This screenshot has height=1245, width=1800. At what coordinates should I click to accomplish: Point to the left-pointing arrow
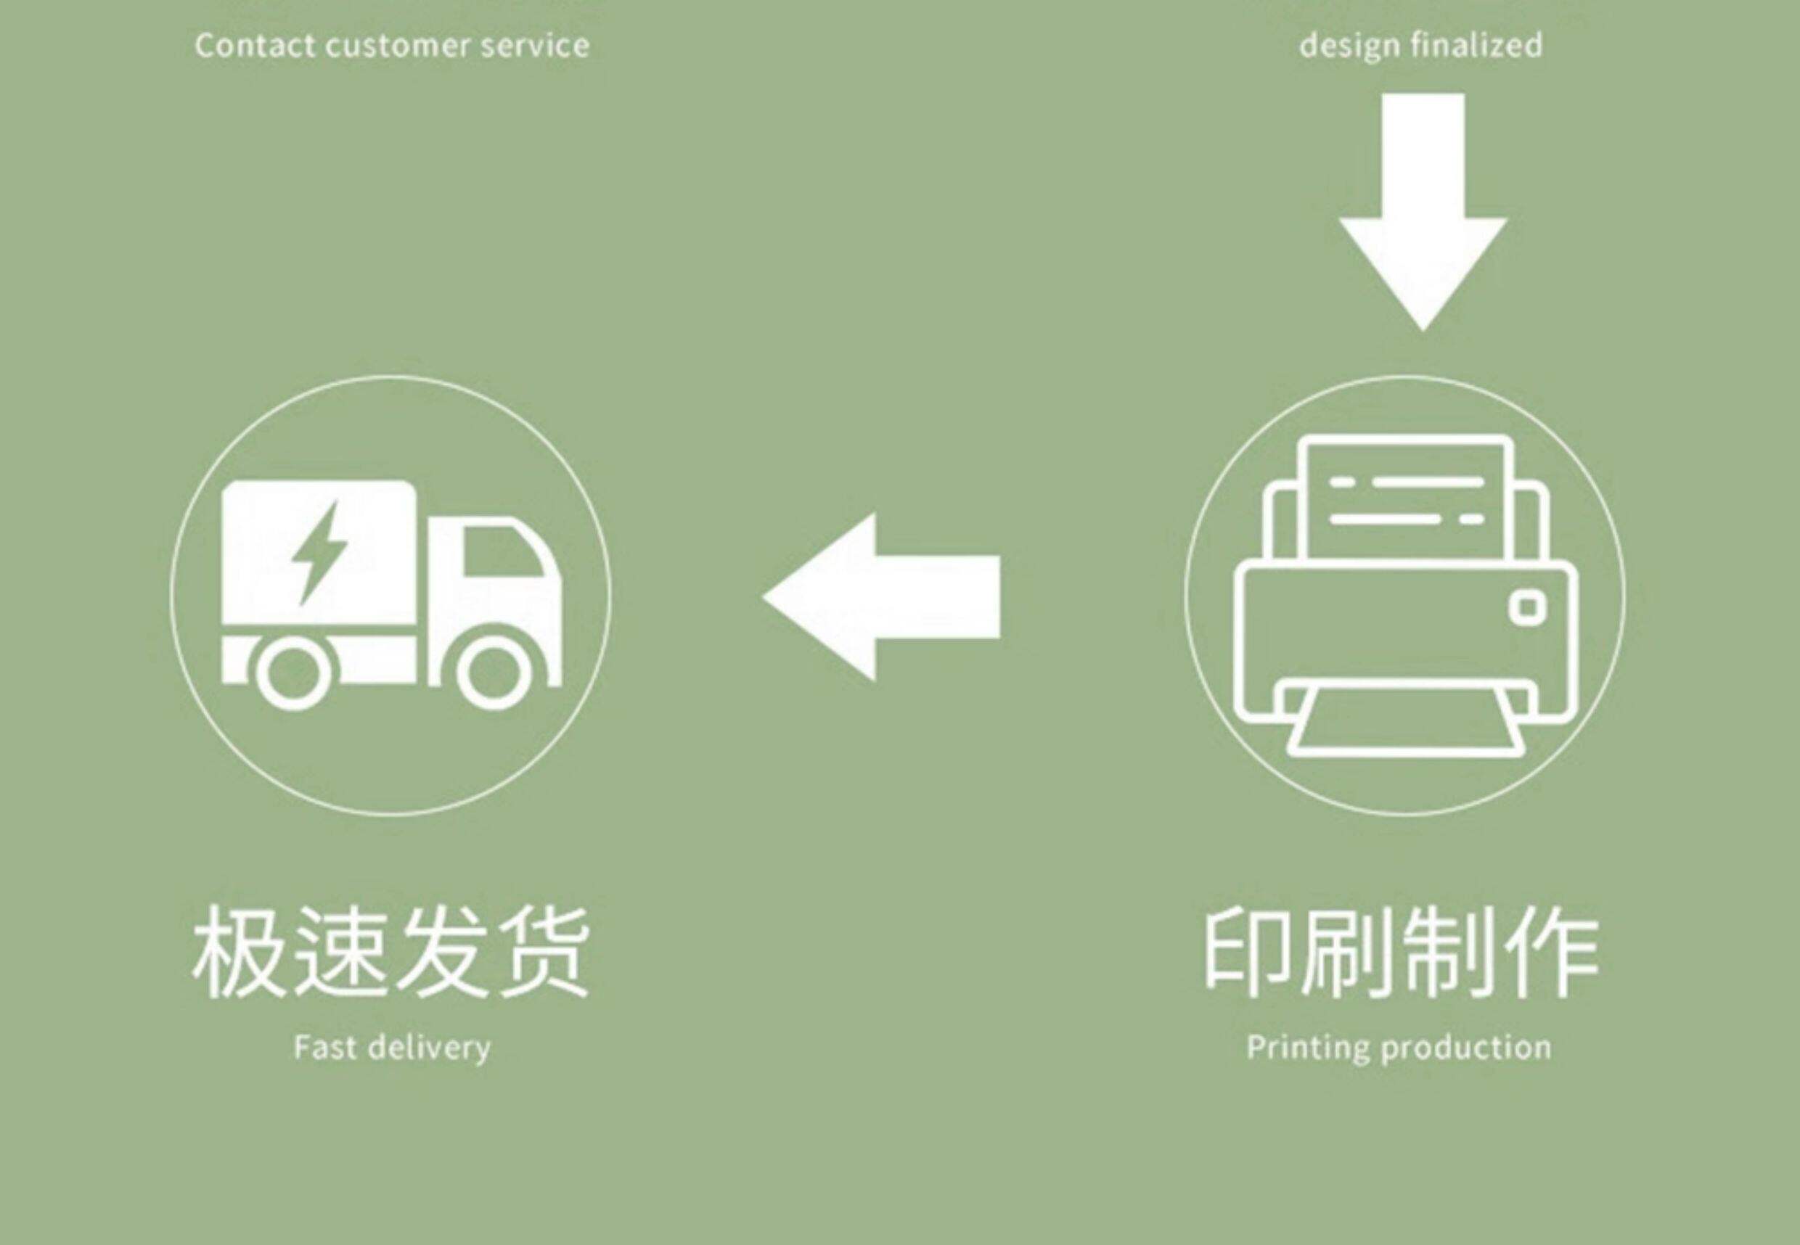(x=882, y=597)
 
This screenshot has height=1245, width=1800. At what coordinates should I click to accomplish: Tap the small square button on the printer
(x=1528, y=608)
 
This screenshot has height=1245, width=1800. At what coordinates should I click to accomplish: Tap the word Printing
(x=1308, y=1048)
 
